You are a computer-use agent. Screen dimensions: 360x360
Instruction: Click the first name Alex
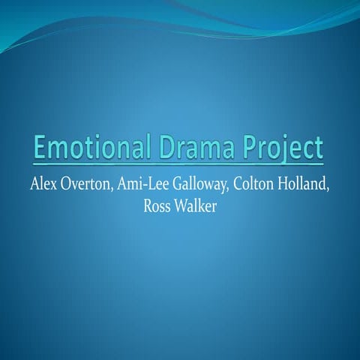pyautogui.click(x=43, y=184)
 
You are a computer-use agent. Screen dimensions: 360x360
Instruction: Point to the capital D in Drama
pyautogui.click(x=166, y=147)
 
